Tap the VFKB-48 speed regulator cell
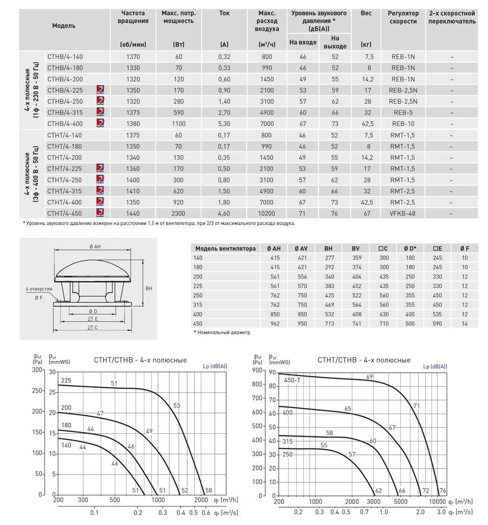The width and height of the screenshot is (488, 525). click(402, 213)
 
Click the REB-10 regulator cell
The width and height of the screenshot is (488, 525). click(402, 124)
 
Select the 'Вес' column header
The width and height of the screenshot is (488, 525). click(366, 13)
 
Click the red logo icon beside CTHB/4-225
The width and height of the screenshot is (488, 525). click(100, 90)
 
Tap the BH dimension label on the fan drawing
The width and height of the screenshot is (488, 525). click(149, 288)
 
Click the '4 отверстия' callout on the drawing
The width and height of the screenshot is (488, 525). click(39, 289)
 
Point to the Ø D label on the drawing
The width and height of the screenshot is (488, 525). click(93, 311)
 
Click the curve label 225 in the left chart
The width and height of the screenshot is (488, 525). click(66, 381)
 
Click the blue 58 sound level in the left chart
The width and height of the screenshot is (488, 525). click(209, 490)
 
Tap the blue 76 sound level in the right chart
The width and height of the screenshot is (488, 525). click(442, 491)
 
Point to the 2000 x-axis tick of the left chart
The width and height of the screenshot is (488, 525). click(201, 499)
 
